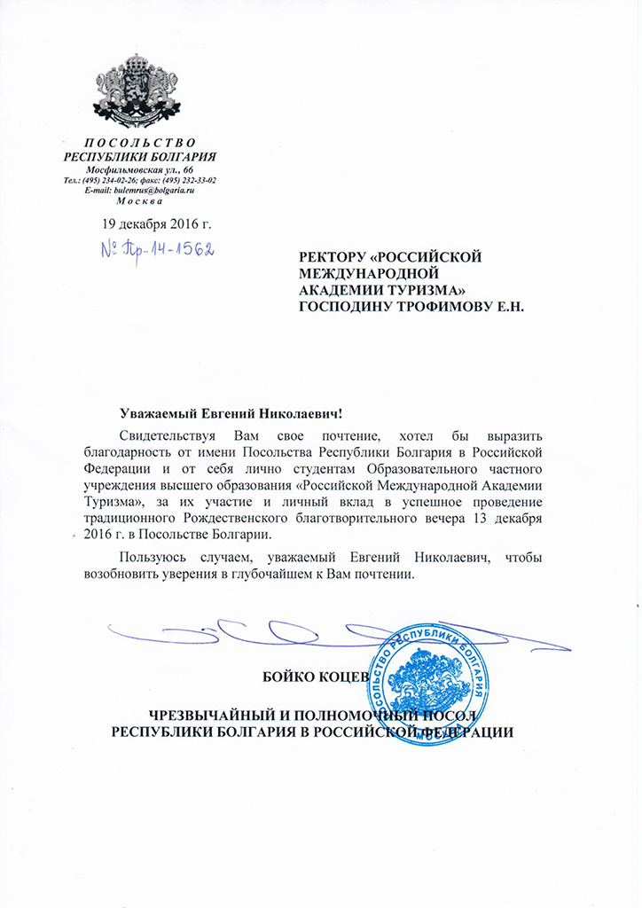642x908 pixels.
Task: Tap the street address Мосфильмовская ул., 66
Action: [x=140, y=168]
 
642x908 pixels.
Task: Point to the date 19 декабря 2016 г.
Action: [x=157, y=222]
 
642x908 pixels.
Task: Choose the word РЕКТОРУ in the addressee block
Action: [x=340, y=257]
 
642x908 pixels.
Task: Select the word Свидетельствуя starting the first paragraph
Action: [x=168, y=437]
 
